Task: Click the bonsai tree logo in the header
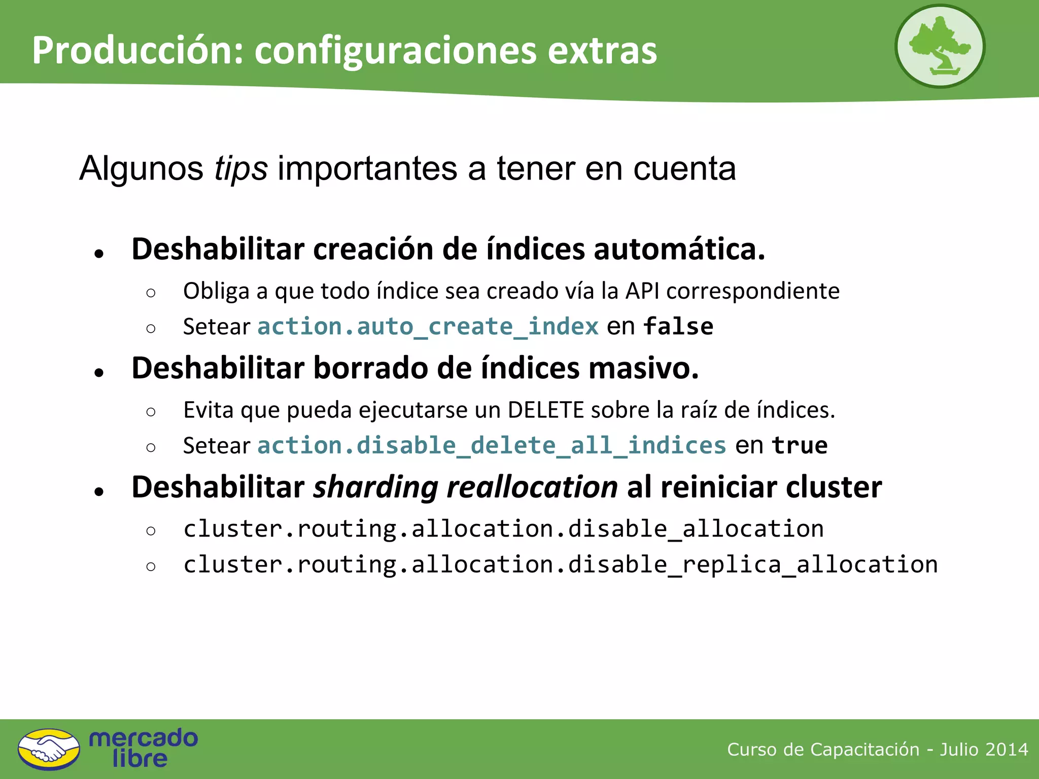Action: [940, 46]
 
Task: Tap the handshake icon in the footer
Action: [49, 749]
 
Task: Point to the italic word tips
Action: [240, 168]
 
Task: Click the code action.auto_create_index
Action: [428, 326]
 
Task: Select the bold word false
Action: [678, 326]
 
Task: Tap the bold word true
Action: [800, 445]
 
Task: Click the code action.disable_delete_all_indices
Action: [492, 445]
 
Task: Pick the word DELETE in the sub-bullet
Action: [546, 410]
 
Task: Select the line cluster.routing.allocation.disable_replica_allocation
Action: [560, 564]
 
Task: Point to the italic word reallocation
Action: [532, 487]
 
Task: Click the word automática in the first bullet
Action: [679, 249]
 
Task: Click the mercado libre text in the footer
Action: [143, 748]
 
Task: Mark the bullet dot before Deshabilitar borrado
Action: [99, 373]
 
